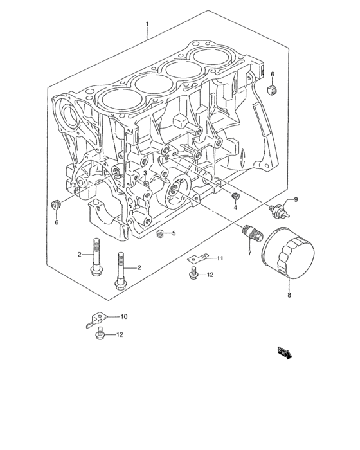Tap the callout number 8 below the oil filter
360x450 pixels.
(x=289, y=296)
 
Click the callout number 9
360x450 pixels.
(x=296, y=200)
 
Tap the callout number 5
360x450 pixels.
(x=174, y=233)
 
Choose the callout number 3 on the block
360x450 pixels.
(x=146, y=174)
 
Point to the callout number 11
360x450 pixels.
(x=219, y=258)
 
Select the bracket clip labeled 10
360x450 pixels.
(x=94, y=319)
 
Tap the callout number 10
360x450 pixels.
(x=124, y=316)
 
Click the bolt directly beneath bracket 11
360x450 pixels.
(x=194, y=275)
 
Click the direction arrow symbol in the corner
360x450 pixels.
(x=284, y=352)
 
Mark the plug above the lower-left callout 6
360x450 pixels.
(x=55, y=205)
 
